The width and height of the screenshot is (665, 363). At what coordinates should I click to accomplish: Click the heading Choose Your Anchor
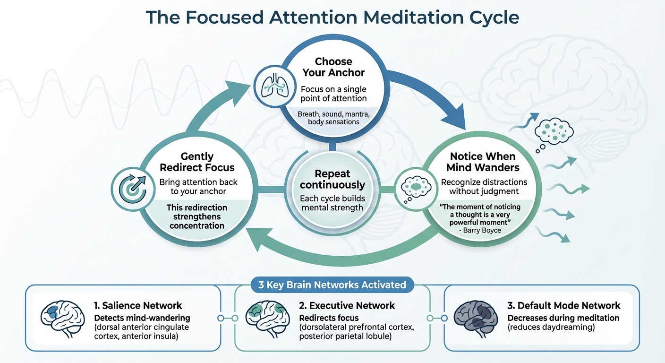pyautogui.click(x=333, y=67)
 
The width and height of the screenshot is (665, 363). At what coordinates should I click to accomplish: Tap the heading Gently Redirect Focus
pyautogui.click(x=197, y=162)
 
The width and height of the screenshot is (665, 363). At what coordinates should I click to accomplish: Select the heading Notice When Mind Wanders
pyautogui.click(x=483, y=162)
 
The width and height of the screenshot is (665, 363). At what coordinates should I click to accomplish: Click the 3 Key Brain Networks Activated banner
pyautogui.click(x=332, y=285)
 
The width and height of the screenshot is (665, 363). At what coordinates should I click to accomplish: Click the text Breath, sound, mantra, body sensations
pyautogui.click(x=333, y=118)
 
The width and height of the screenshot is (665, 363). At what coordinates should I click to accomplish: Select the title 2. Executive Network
pyautogui.click(x=347, y=305)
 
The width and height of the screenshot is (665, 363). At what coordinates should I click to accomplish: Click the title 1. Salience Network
pyautogui.click(x=138, y=305)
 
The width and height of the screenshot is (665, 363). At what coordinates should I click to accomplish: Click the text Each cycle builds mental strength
pyautogui.click(x=332, y=203)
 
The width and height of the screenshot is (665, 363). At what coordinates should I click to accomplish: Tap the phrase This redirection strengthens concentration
pyautogui.click(x=197, y=216)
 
